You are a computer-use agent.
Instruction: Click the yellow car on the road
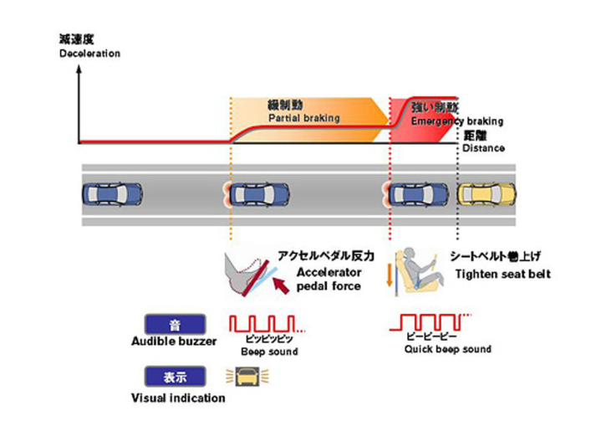tap(487, 194)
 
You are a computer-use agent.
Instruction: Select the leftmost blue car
tap(112, 194)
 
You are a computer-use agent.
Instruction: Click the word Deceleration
tap(89, 54)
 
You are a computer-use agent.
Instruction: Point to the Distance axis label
tap(483, 148)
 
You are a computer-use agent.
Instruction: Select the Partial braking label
tap(303, 119)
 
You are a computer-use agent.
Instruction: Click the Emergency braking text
tap(456, 121)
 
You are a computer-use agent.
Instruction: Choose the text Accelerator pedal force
tap(329, 279)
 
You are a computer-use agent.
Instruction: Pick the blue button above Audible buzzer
tap(174, 324)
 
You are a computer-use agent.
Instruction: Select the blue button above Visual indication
tap(174, 377)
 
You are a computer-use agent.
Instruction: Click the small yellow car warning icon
tap(247, 377)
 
